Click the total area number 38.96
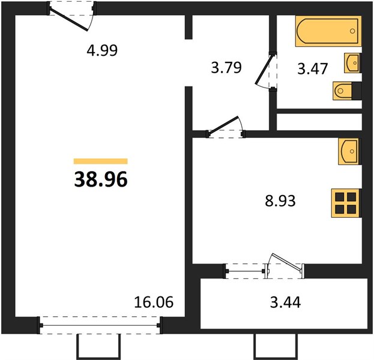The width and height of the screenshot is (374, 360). pyautogui.click(x=101, y=179)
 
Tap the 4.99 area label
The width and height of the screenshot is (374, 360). pyautogui.click(x=102, y=50)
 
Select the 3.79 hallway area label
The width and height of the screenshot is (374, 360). pyautogui.click(x=226, y=67)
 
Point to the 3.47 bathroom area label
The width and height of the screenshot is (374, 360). pyautogui.click(x=312, y=68)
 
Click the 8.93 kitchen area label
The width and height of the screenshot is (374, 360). pyautogui.click(x=280, y=201)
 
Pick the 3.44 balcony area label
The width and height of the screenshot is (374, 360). pyautogui.click(x=285, y=302)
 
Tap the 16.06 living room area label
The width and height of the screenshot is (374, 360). pyautogui.click(x=154, y=302)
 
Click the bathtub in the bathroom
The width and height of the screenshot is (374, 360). pyautogui.click(x=328, y=31)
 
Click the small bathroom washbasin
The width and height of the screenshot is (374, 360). pyautogui.click(x=352, y=63)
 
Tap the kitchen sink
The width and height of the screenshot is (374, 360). pyautogui.click(x=348, y=151)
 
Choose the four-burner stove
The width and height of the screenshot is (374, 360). pyautogui.click(x=345, y=203)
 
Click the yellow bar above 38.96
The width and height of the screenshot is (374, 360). pyautogui.click(x=101, y=161)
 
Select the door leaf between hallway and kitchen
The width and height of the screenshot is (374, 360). pyautogui.click(x=223, y=127)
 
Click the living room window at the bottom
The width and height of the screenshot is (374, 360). pyautogui.click(x=100, y=325)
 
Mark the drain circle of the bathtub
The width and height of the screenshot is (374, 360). pyautogui.click(x=352, y=31)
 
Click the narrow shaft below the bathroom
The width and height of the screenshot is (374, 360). pyautogui.click(x=319, y=122)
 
